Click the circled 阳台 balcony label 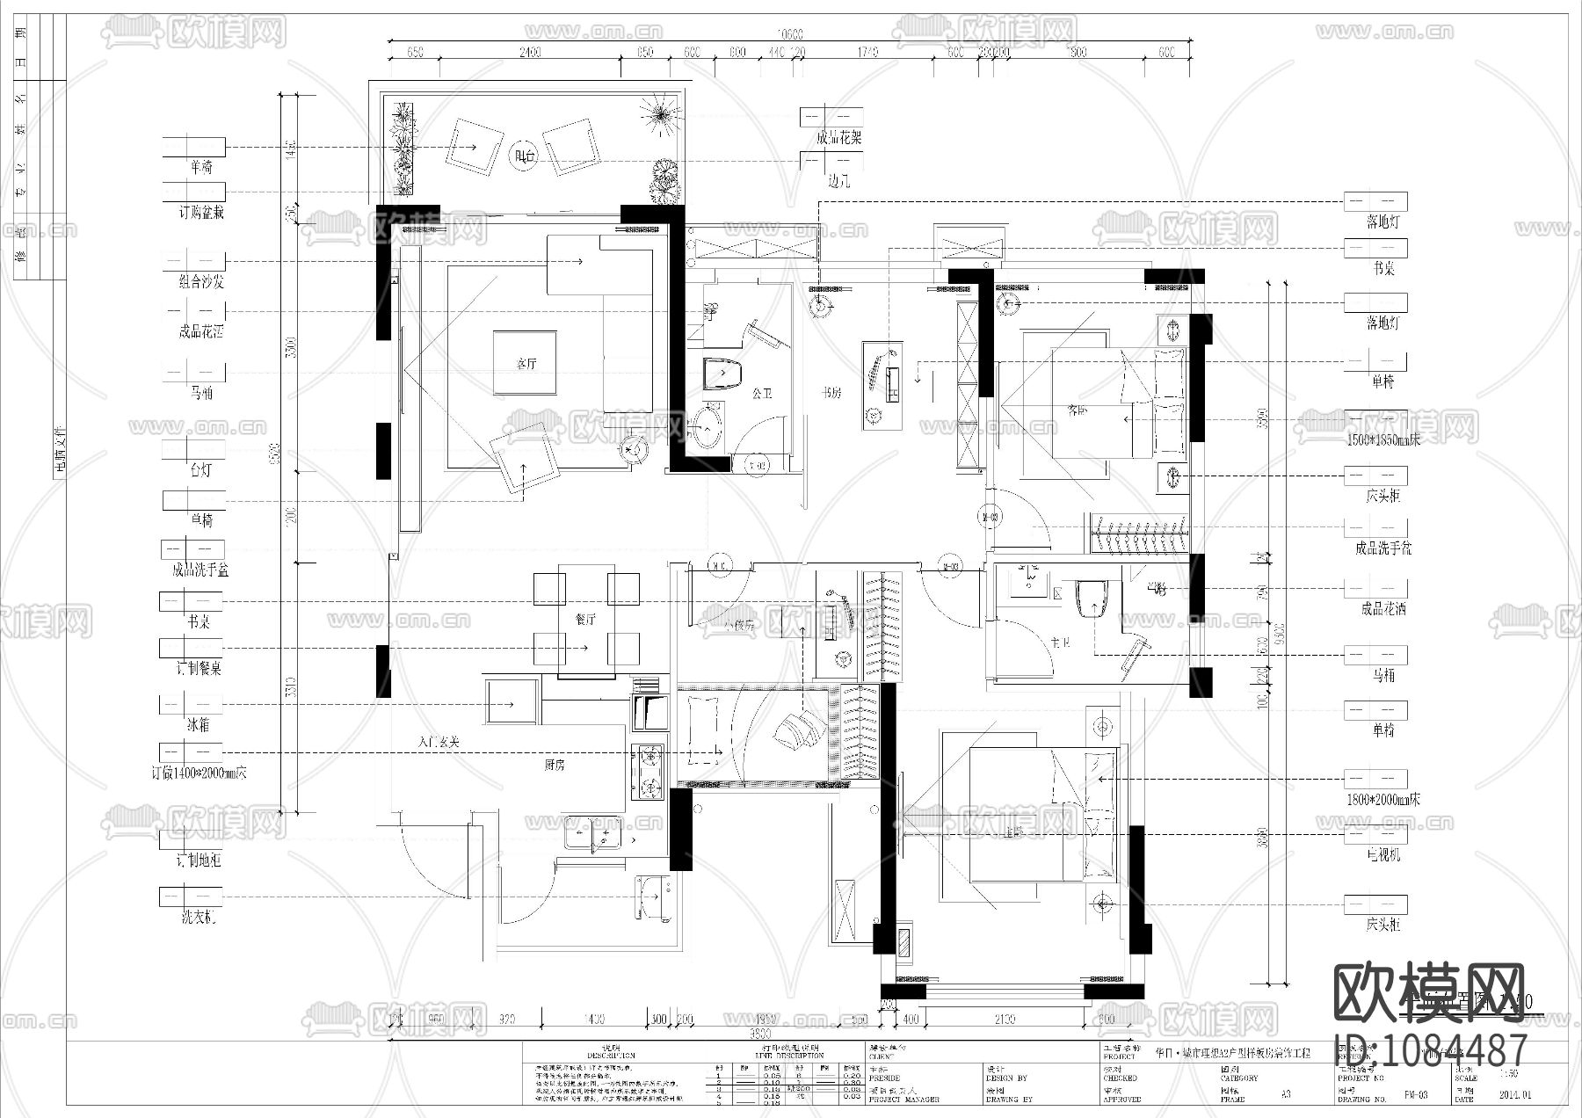[x=525, y=156]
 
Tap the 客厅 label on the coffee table [x=525, y=362]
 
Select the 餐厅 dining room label [x=585, y=620]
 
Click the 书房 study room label [x=831, y=393]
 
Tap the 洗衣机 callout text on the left [x=200, y=918]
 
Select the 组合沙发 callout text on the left [x=200, y=282]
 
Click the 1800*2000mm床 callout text [x=1382, y=800]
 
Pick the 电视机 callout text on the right [x=1382, y=854]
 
